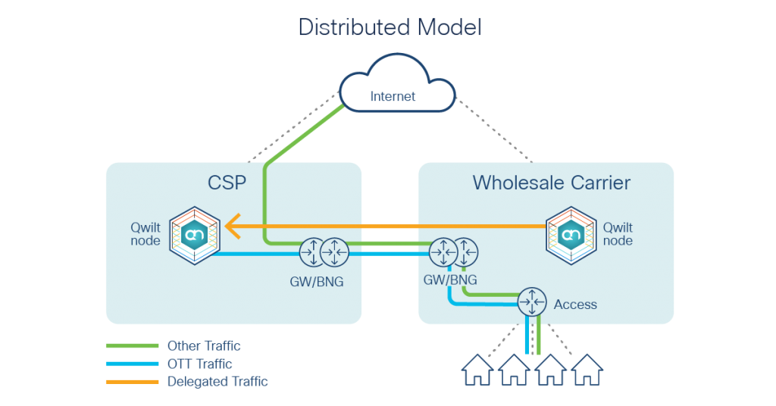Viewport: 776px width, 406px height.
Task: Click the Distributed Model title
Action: [x=390, y=27]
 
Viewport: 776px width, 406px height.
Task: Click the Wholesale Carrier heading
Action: [x=551, y=183]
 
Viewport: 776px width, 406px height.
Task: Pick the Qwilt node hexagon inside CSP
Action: [x=195, y=236]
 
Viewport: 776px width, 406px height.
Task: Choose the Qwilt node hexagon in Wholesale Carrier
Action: [x=571, y=236]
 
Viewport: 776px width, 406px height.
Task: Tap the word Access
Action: [x=575, y=304]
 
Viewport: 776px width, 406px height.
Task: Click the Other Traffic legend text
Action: [x=204, y=346]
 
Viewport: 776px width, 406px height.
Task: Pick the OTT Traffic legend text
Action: [x=200, y=364]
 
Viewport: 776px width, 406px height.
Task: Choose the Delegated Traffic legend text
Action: [x=217, y=381]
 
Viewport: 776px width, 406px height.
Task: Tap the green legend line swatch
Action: [x=132, y=346]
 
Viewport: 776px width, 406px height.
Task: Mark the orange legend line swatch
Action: [x=132, y=381]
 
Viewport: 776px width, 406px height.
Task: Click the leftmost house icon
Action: [x=478, y=370]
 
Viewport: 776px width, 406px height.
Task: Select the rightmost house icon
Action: [x=587, y=370]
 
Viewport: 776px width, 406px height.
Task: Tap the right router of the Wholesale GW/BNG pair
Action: [x=466, y=251]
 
